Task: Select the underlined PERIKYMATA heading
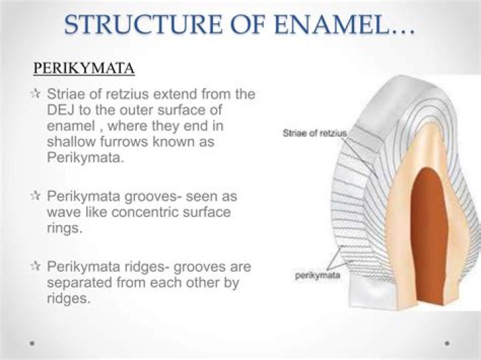84,69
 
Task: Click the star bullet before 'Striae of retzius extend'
36,94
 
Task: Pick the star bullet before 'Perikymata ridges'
36,266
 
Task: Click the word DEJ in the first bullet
63,110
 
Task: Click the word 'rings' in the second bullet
64,228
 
